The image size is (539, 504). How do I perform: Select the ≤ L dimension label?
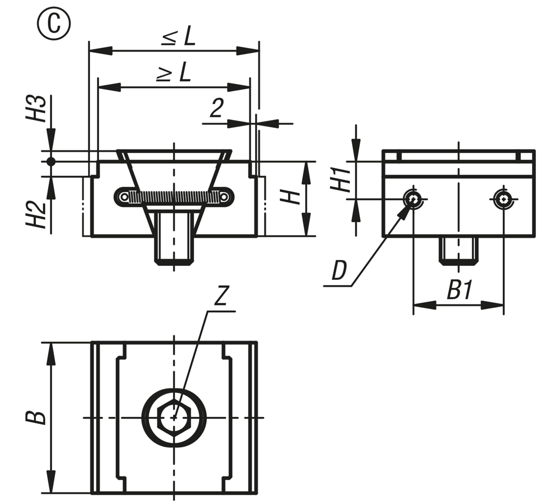click(179, 37)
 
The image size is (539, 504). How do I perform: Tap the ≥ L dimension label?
click(174, 72)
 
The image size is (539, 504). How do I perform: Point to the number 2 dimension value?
click(216, 108)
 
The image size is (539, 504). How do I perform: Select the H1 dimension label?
click(342, 179)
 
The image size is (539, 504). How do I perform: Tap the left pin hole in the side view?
click(412, 198)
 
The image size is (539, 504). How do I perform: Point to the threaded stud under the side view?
click(458, 251)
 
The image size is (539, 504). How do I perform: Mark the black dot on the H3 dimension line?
click(51, 161)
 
